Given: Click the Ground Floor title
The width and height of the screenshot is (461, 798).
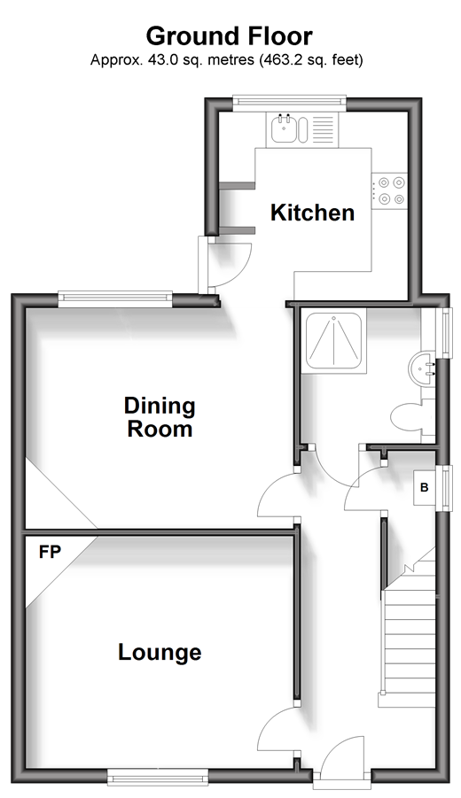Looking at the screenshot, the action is [x=230, y=36].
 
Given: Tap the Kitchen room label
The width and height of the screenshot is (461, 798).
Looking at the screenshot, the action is [x=312, y=213].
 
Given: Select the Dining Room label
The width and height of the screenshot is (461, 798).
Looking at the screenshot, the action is [x=160, y=417].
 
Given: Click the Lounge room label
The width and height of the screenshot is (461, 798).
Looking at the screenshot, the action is [x=160, y=653].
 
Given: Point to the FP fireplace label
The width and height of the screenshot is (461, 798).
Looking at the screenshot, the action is [x=50, y=552].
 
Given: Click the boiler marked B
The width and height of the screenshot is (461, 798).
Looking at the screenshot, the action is [x=424, y=487].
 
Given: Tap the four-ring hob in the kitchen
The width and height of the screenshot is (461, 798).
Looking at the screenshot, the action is [x=390, y=190].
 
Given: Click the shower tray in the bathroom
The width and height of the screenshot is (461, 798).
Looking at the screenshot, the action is [x=333, y=339].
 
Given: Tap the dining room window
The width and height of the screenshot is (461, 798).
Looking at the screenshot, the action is [x=115, y=299].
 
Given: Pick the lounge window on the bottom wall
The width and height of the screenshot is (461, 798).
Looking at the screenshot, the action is [x=158, y=777].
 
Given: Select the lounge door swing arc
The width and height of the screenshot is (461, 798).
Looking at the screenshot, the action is [x=270, y=724].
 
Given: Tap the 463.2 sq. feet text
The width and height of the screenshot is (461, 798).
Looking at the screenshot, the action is [x=310, y=60].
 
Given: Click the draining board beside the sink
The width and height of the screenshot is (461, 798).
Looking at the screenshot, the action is [x=323, y=129].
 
